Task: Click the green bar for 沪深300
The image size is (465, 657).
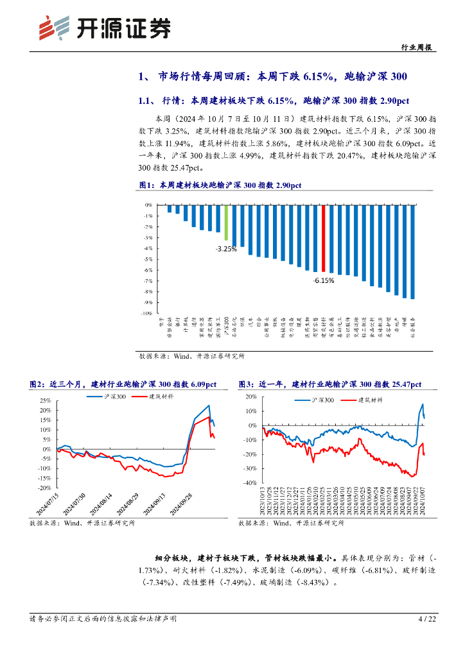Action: coord(226,222)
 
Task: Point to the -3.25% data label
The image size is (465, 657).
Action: coord(226,248)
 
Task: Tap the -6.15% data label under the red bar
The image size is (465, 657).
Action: coord(323,280)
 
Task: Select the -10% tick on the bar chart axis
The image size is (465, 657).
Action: coord(146,313)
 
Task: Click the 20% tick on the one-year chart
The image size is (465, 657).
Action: coord(250,397)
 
